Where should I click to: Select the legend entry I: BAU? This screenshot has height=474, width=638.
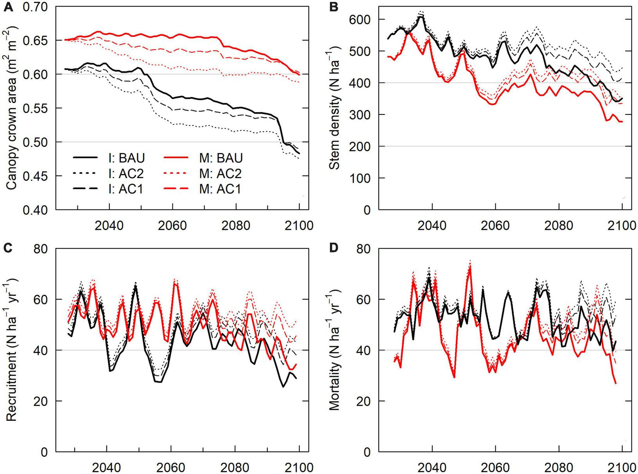(x=109, y=158)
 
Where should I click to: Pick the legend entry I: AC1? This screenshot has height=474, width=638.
(x=109, y=189)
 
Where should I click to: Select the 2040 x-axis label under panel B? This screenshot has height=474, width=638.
(x=432, y=225)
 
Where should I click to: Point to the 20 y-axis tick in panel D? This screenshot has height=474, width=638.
(x=365, y=401)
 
